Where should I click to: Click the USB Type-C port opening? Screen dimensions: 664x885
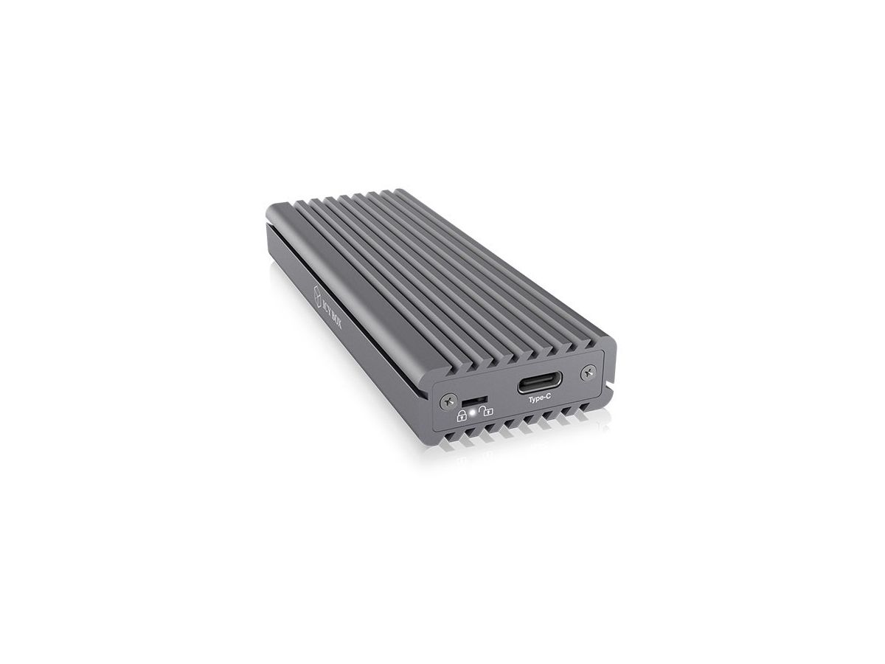[539, 384]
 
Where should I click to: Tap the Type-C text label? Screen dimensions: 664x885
[539, 399]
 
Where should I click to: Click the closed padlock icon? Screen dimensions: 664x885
[462, 415]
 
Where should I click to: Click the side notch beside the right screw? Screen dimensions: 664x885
[611, 384]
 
